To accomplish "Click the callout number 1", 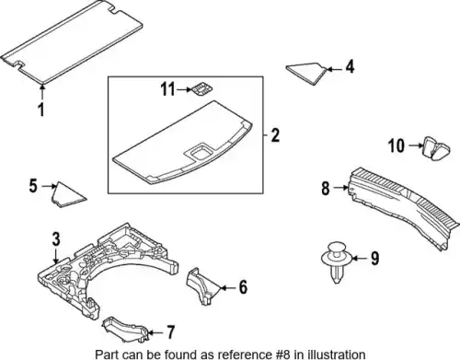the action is (41, 110).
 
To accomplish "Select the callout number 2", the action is (275, 135).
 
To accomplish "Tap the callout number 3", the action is (56, 239).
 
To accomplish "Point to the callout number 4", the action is (350, 67).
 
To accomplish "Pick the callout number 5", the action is (33, 186).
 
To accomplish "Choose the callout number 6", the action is (243, 287).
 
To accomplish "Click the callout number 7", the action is (170, 331).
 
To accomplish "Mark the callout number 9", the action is (374, 259).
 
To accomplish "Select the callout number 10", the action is (397, 145).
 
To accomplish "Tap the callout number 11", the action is (167, 89).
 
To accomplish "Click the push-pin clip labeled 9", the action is (337, 262).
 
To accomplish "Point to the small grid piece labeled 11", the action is (202, 89).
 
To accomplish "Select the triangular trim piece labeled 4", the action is (306, 73).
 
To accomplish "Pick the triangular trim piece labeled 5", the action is (66, 195).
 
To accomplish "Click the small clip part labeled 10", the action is (437, 148).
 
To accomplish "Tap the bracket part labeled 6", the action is (202, 286).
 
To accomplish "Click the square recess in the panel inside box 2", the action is (200, 152).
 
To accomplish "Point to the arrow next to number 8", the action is (340, 187).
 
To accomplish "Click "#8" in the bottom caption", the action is (279, 354).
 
